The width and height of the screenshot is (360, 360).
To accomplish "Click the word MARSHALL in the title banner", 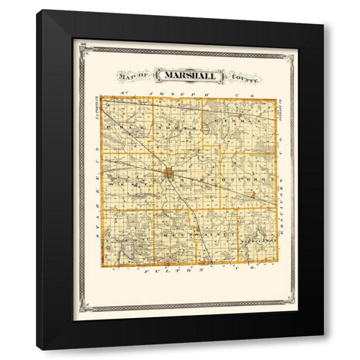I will point(184,75).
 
